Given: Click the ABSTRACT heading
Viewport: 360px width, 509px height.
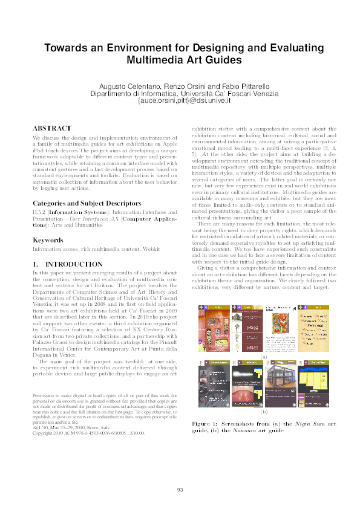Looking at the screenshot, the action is click(51, 129).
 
